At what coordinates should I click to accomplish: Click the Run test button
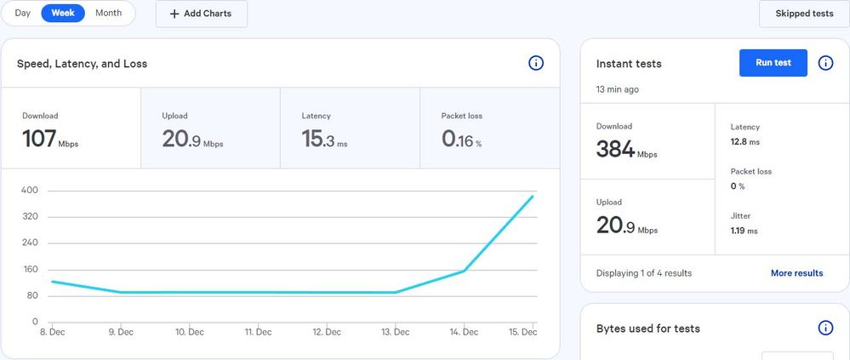(773, 63)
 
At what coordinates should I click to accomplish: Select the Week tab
(63, 13)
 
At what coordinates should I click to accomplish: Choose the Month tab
(108, 13)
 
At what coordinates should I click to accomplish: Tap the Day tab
(23, 13)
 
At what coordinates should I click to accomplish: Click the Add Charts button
(201, 14)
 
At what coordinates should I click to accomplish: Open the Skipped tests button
(804, 14)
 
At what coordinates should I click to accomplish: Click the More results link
(796, 273)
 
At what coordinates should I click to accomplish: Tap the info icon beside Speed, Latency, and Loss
(536, 63)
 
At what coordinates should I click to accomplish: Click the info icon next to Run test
(825, 63)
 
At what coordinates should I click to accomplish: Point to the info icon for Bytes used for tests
(825, 329)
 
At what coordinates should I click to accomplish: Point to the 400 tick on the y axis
(30, 191)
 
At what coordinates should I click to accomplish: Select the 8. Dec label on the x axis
(52, 332)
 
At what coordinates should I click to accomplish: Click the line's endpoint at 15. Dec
(533, 197)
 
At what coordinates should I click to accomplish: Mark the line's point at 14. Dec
(465, 271)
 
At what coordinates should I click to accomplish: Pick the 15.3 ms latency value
(323, 138)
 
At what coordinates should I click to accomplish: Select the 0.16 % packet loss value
(461, 138)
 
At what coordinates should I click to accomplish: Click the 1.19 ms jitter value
(744, 230)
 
